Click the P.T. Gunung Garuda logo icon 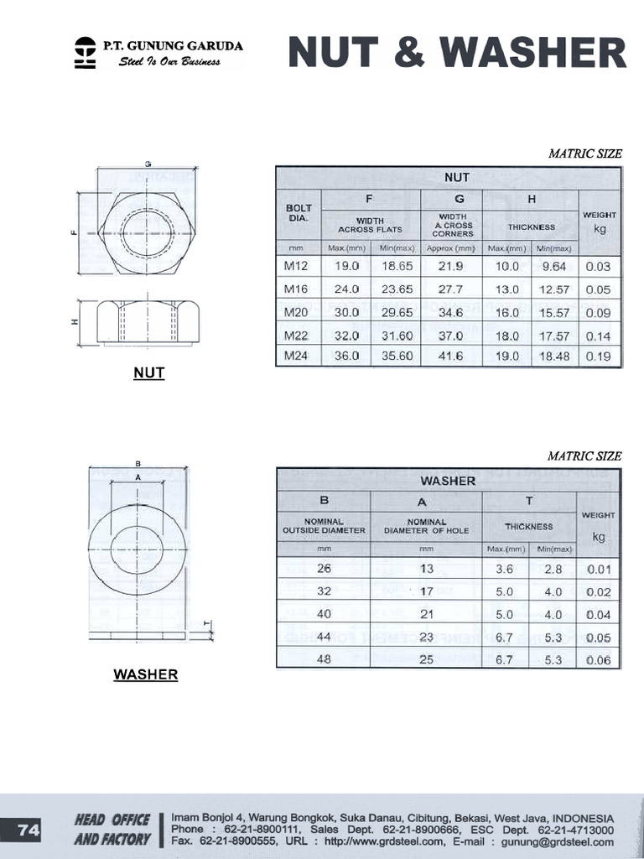coord(85,52)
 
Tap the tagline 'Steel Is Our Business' coord(170,62)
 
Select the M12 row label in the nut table coord(297,266)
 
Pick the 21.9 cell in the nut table coord(451,266)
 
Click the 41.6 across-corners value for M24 coord(451,356)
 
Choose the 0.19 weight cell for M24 coord(599,356)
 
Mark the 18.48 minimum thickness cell coord(553,356)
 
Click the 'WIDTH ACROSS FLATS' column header coord(370,225)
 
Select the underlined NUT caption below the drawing coord(148,373)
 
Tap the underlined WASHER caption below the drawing coord(146,674)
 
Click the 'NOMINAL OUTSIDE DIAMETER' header coord(324,526)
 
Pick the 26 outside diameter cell coord(324,568)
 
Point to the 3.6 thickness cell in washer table coord(505,569)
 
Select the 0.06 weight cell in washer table coord(599,660)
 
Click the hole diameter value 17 coord(427,591)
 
